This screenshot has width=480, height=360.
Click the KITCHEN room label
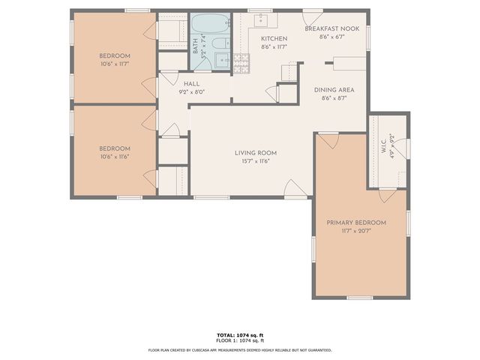(273, 39)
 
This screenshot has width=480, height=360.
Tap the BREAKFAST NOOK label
(331, 28)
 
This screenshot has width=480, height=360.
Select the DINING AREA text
(333, 90)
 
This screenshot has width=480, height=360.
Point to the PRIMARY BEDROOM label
(355, 223)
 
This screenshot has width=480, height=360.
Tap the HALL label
(191, 84)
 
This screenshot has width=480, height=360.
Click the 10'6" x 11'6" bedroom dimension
(115, 157)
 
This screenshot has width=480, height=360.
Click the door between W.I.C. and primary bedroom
(387, 196)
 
